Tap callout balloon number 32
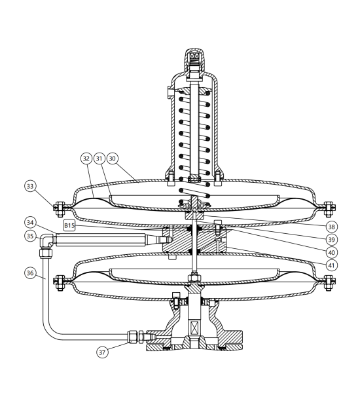(x=86, y=159)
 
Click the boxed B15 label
(x=69, y=226)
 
